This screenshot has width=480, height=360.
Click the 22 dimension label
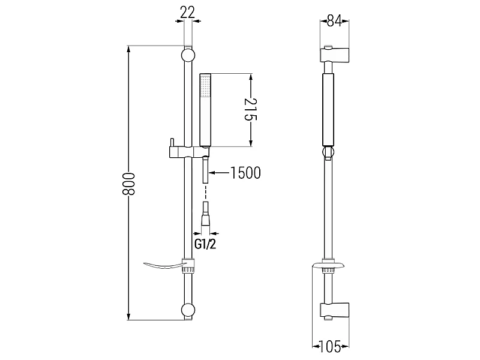coord(187,13)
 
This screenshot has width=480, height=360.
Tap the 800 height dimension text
coord(128,184)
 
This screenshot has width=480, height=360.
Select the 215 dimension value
coord(251,110)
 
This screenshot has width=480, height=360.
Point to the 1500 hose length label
coord(245,173)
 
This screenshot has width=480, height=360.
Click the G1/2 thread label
coord(205,244)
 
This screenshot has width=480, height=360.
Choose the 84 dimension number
coord(334,21)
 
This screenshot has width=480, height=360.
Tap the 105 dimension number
coord(330,347)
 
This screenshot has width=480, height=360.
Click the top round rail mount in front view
coord(188,55)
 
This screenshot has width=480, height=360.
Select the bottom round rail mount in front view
coord(188,310)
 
